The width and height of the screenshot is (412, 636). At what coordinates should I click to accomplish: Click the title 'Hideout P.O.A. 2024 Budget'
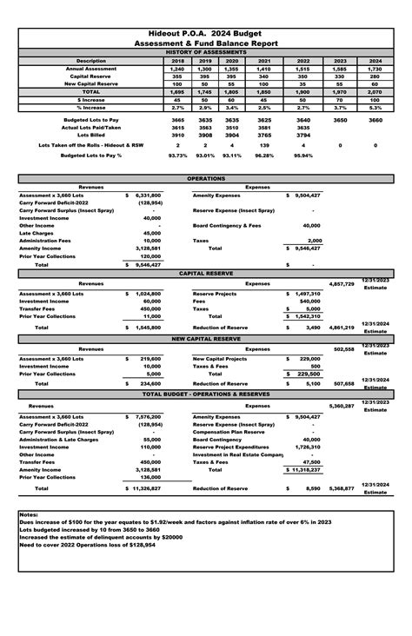point(206,31)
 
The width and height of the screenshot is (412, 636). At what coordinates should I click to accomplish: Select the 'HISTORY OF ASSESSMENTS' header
point(206,52)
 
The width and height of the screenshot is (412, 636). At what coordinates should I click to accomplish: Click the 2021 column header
point(264,61)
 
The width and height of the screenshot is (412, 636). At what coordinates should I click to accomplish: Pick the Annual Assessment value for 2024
point(375,69)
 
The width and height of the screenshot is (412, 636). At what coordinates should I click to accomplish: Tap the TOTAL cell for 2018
point(177,91)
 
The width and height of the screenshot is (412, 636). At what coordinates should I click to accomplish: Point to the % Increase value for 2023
point(339,107)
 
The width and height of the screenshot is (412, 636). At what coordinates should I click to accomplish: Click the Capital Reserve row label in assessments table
point(91,76)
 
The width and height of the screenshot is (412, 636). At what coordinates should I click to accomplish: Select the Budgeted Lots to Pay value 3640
point(302,120)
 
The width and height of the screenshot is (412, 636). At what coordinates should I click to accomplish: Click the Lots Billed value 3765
point(264,136)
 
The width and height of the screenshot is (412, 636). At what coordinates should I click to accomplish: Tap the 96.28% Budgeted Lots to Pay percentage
point(264,156)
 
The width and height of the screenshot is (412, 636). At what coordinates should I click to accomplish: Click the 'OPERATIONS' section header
point(206,177)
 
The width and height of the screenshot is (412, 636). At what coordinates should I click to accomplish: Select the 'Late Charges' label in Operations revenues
point(36,233)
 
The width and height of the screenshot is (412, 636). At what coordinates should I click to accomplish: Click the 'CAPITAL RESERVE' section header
point(206,273)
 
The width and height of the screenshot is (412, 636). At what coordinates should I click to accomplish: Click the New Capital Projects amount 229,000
point(309,359)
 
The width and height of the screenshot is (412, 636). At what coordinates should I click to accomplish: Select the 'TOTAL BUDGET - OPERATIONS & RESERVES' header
point(206,394)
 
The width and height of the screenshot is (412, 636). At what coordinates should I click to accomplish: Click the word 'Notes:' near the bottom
point(29,514)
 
